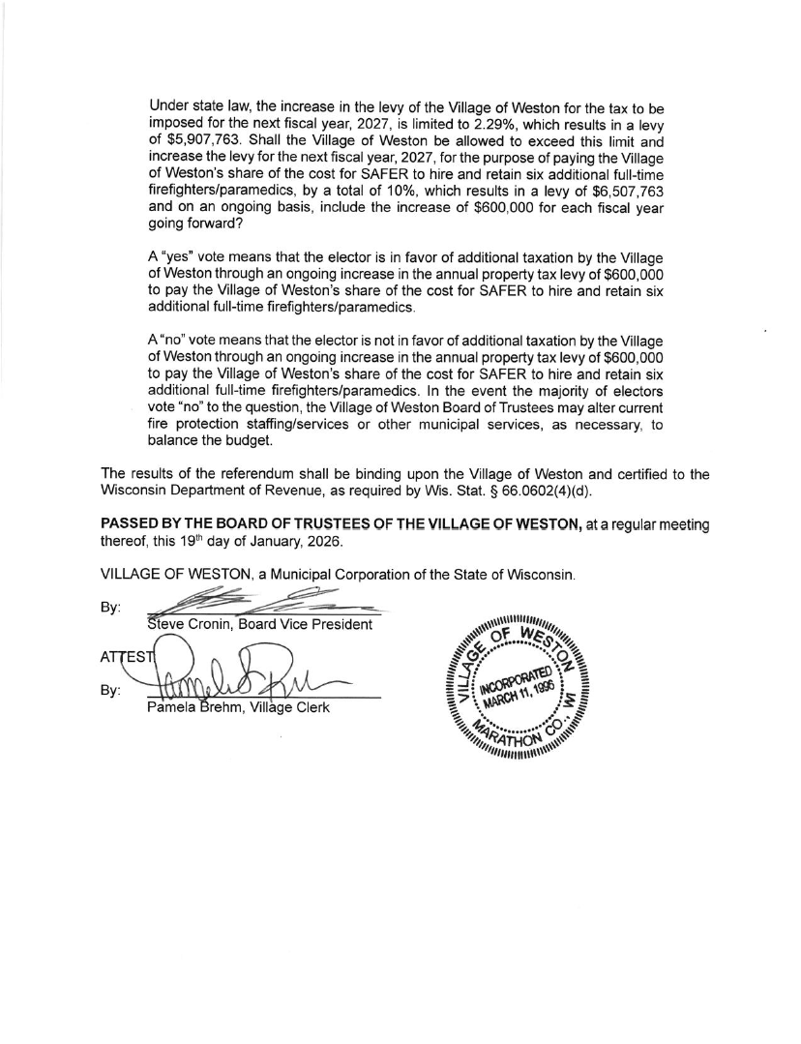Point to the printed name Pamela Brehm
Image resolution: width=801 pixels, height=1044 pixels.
[x=191, y=707]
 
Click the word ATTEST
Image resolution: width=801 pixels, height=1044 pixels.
[x=123, y=657]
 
